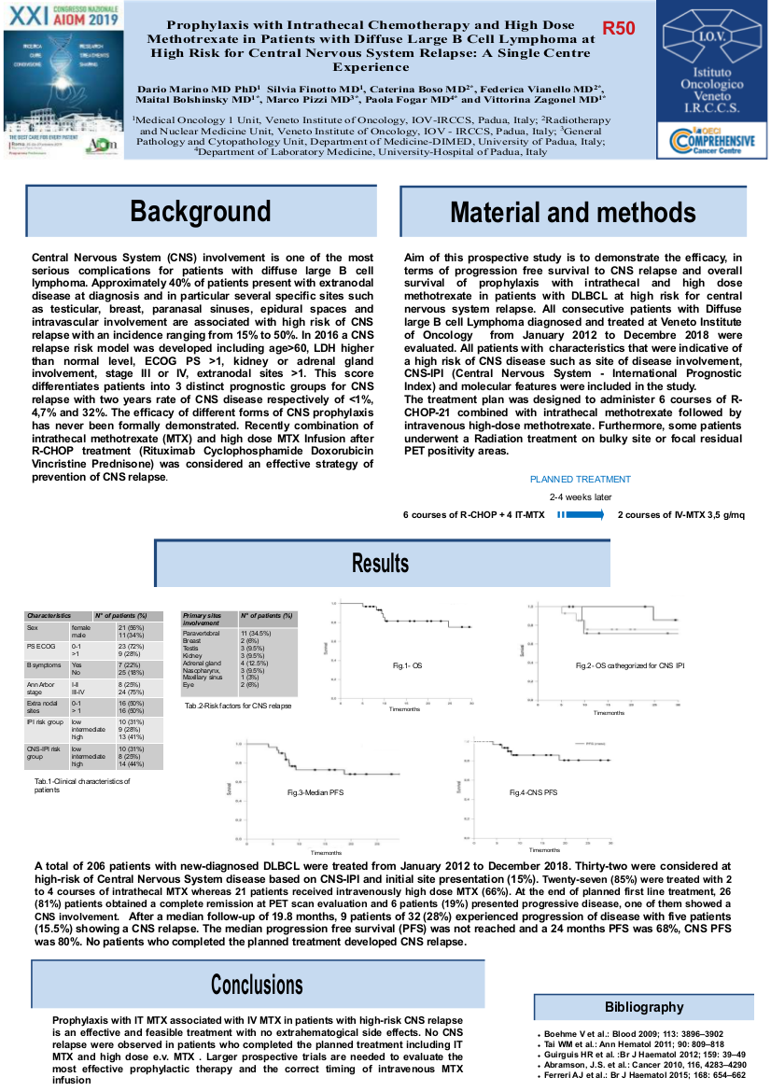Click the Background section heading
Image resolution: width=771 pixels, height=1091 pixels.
point(200,211)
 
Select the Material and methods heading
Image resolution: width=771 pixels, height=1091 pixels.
point(572,212)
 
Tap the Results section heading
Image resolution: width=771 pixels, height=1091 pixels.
point(380,563)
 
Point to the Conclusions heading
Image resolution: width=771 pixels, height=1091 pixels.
point(257,984)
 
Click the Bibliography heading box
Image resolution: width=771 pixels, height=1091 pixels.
point(644,1007)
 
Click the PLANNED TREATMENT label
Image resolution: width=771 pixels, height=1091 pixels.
point(581,479)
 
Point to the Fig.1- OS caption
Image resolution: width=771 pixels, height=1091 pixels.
point(407,665)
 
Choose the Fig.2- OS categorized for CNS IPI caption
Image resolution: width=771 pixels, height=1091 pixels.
point(630,665)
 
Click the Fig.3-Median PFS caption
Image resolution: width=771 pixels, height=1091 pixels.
point(312,792)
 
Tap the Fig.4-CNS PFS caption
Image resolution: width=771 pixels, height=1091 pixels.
point(533,792)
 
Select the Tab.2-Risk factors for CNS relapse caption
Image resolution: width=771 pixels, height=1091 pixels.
point(238,706)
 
